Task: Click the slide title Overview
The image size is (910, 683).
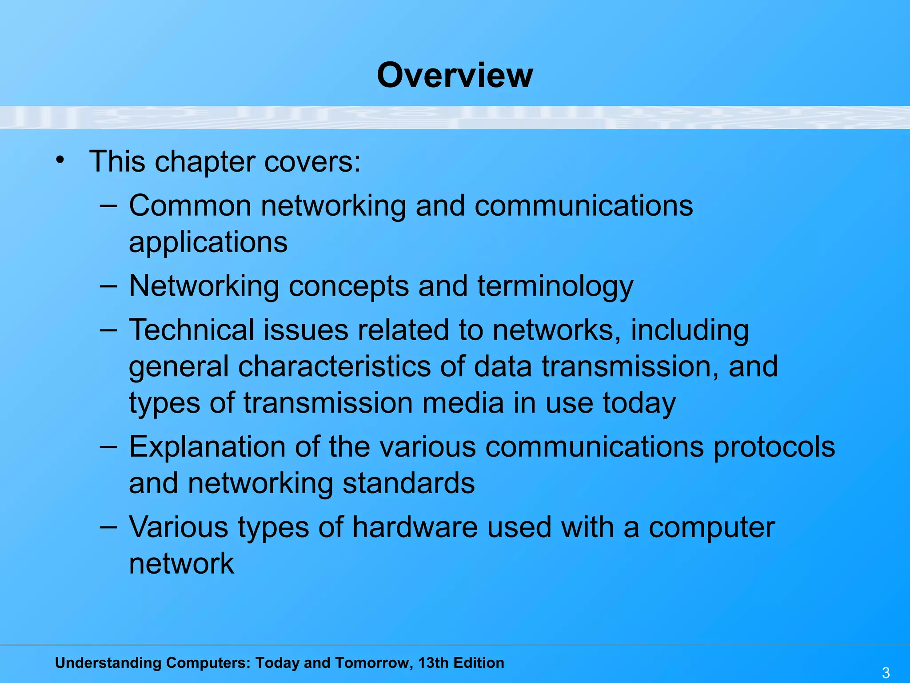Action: (x=455, y=75)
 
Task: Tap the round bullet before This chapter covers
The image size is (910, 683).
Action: (x=60, y=160)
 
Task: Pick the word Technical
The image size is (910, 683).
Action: (x=191, y=330)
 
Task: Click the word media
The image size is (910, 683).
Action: (x=462, y=403)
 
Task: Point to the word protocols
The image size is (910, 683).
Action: (x=774, y=447)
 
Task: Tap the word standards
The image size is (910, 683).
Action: (x=408, y=483)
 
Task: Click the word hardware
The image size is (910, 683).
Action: (x=415, y=527)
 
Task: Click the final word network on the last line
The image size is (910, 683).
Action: (x=181, y=564)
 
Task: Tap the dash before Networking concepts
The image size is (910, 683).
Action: (x=108, y=286)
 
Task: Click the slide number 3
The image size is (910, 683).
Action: (x=886, y=672)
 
